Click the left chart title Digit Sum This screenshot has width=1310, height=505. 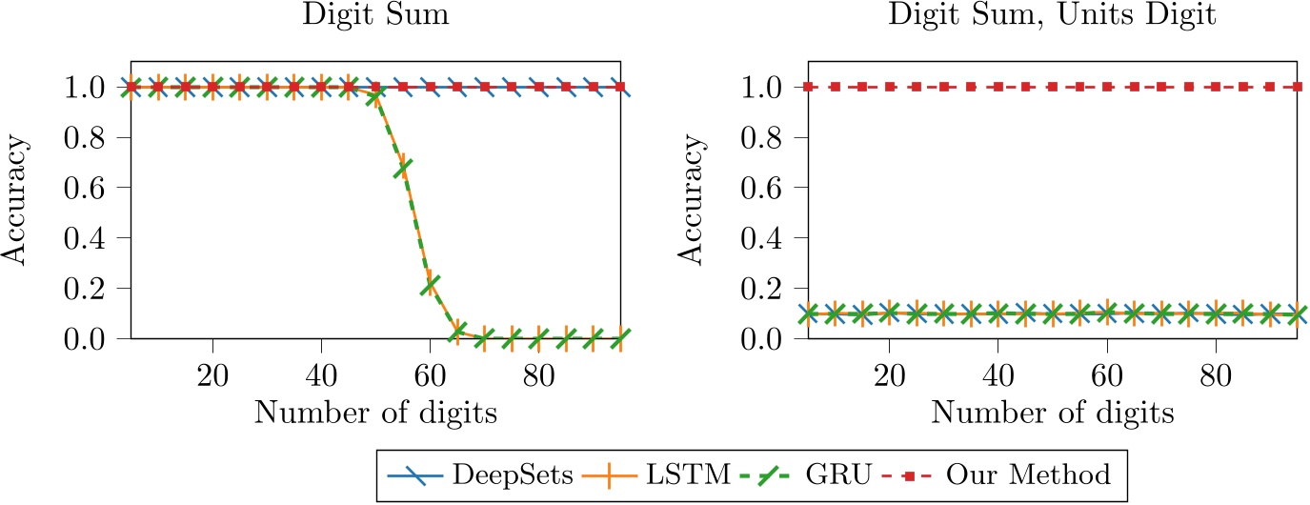pos(375,17)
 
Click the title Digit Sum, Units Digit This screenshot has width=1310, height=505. pos(1053,17)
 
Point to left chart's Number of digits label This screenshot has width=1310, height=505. pos(375,414)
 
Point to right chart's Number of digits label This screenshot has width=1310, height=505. pos(1053,414)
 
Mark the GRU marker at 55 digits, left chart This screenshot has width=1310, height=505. pos(403,168)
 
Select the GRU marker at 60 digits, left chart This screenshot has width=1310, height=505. pos(430,284)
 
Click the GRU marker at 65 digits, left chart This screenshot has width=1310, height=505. pos(457,331)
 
